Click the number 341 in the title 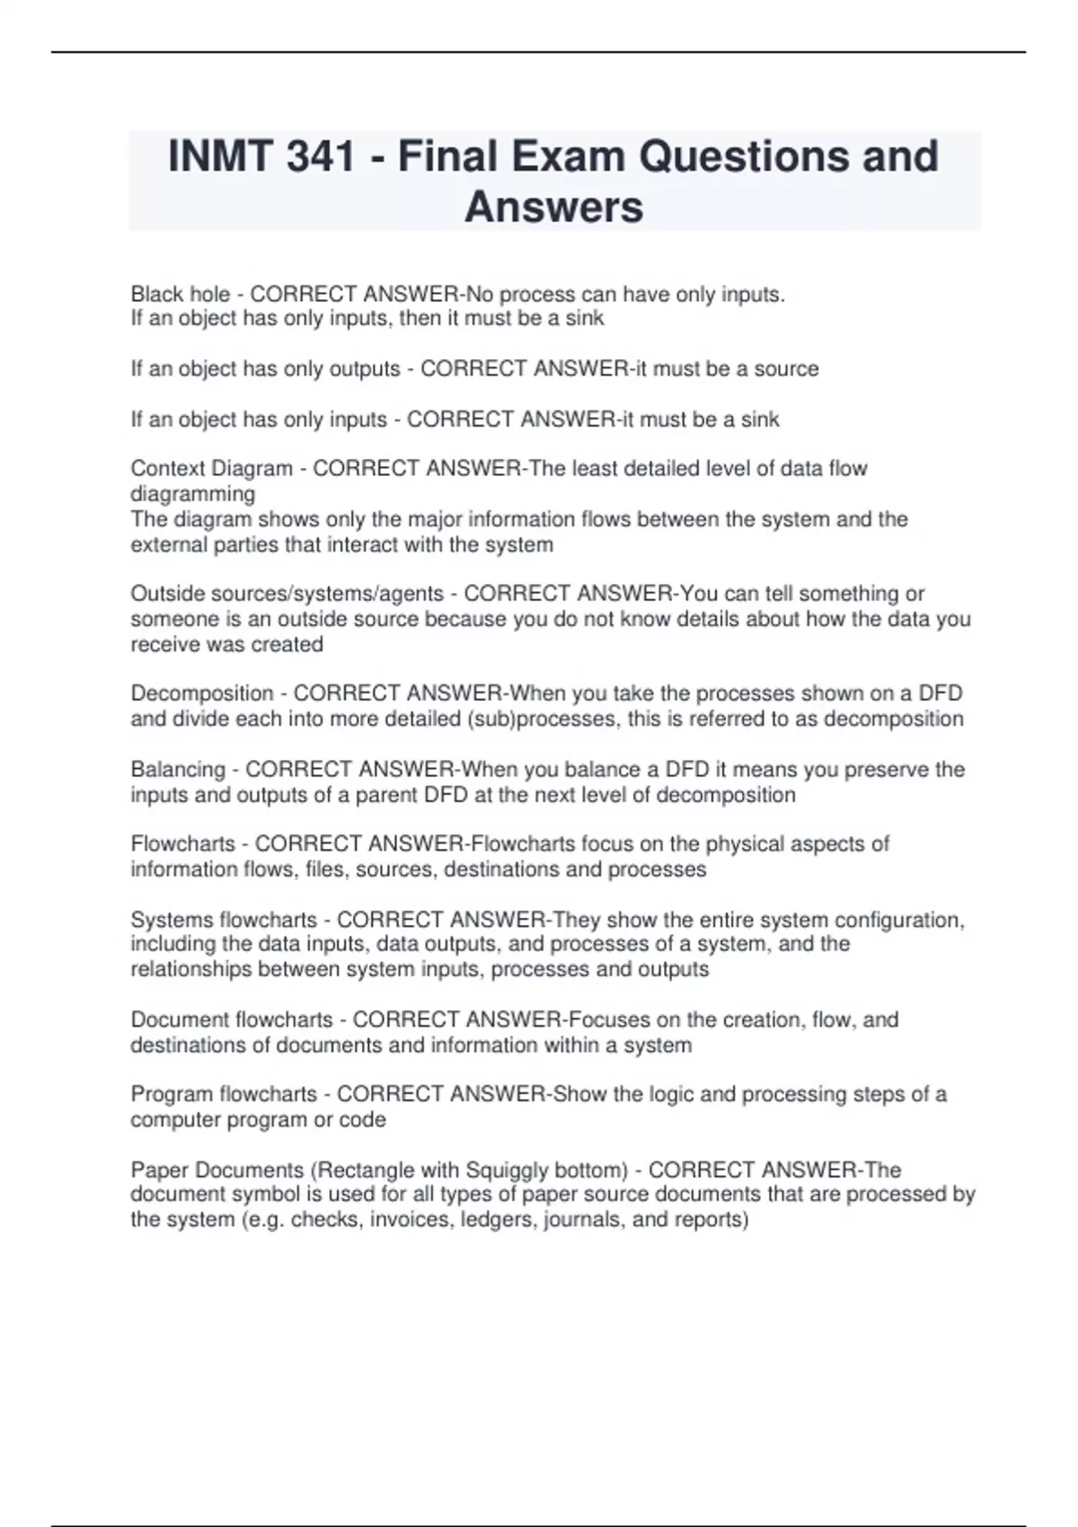coord(320,156)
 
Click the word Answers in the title coord(553,207)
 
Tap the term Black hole coord(180,295)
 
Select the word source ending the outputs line coord(786,369)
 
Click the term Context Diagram coord(212,469)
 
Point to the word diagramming coord(193,494)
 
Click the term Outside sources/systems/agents coord(287,594)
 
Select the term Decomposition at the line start coord(202,693)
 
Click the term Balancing coord(178,770)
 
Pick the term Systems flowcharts coord(224,920)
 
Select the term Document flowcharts coord(232,1020)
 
